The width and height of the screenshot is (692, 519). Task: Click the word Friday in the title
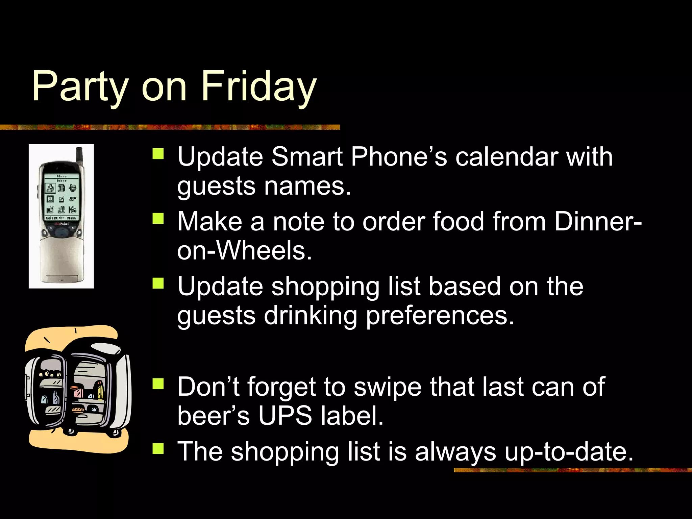click(258, 86)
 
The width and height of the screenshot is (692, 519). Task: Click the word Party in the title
click(80, 86)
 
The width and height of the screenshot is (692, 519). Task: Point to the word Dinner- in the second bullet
click(598, 222)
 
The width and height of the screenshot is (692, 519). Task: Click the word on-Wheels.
click(244, 251)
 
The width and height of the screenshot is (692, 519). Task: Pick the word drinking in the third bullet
click(310, 316)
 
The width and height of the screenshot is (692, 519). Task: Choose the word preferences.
click(440, 316)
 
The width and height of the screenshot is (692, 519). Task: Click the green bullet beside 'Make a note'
click(158, 218)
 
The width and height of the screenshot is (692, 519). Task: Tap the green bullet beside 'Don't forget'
click(158, 384)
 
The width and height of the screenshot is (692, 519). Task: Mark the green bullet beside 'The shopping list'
click(158, 449)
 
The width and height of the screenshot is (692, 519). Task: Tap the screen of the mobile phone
click(61, 196)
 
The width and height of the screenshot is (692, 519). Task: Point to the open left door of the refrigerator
click(46, 389)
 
